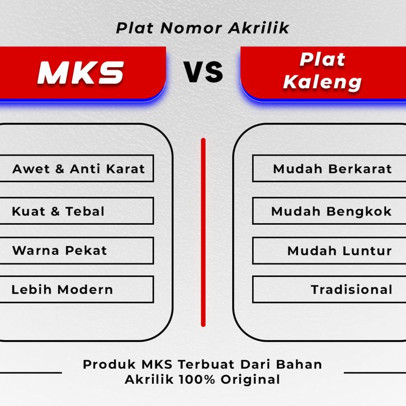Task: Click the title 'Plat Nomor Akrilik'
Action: pos(202,28)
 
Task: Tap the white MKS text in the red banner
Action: pos(81,73)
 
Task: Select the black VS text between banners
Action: pos(203,72)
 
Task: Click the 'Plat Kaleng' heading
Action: pos(322,71)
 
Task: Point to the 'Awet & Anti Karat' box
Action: pos(77,168)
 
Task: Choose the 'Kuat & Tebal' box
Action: pos(77,211)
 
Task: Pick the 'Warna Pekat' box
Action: pos(77,251)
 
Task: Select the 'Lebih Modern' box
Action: pos(77,289)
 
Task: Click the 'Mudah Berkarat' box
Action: pos(329,168)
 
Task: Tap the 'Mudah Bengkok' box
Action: pos(329,211)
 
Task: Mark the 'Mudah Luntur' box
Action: pos(329,251)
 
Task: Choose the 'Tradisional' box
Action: pos(329,289)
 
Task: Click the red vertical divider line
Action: pos(203,232)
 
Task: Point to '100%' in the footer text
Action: pos(197,380)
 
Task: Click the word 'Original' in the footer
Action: pos(251,380)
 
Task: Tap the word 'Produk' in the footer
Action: pos(109,364)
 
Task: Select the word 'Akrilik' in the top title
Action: pos(259,28)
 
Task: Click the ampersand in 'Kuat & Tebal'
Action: pos(55,211)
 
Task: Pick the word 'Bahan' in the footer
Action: pos(299,364)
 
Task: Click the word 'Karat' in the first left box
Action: pos(126,169)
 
